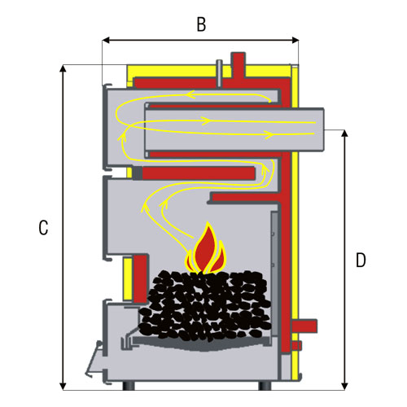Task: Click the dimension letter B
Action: click(x=201, y=24)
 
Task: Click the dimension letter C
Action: click(x=43, y=228)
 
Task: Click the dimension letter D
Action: click(x=361, y=260)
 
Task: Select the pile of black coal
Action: click(x=205, y=304)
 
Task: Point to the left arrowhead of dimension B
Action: click(x=106, y=41)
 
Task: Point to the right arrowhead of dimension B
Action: click(x=295, y=41)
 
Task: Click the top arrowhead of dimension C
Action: click(x=63, y=68)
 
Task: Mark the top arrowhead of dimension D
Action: click(x=344, y=133)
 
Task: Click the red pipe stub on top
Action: click(x=238, y=65)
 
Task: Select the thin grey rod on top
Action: click(x=219, y=73)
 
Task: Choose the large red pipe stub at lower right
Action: click(x=304, y=326)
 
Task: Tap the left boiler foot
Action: click(x=129, y=386)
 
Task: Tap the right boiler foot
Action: click(x=265, y=386)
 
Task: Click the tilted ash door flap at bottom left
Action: click(x=94, y=359)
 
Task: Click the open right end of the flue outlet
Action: click(x=323, y=129)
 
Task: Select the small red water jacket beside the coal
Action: click(x=141, y=278)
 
